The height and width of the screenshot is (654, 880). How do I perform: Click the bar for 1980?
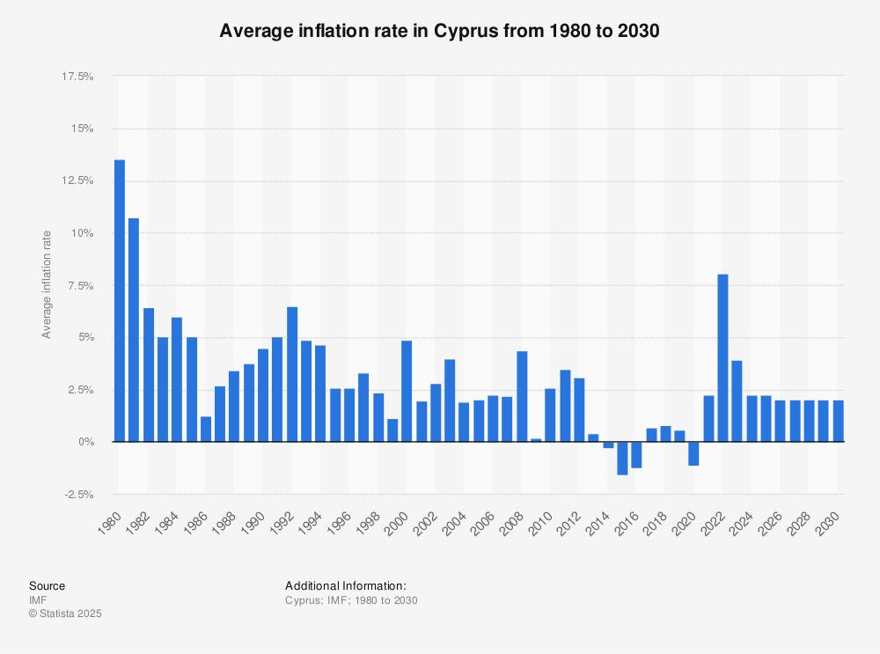click(x=120, y=301)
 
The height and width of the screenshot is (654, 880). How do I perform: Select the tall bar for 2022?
click(x=722, y=358)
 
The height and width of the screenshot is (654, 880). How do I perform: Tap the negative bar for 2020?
click(x=693, y=453)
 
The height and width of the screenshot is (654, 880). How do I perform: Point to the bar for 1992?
click(x=292, y=374)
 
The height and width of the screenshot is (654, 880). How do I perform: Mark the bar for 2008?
click(x=522, y=396)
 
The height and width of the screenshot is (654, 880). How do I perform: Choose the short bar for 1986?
click(x=206, y=429)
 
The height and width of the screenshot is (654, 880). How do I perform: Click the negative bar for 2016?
click(x=636, y=455)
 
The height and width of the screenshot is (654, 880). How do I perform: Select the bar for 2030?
click(x=838, y=421)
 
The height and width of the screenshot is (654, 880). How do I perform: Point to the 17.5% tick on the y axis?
click(x=77, y=77)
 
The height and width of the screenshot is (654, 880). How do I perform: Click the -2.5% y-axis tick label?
click(x=78, y=495)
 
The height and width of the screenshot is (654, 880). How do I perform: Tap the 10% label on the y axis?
click(x=83, y=233)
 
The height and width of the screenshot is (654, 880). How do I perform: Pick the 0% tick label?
click(x=86, y=442)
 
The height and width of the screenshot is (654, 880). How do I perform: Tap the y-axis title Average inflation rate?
click(x=47, y=284)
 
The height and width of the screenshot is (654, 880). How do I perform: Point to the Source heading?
click(x=48, y=585)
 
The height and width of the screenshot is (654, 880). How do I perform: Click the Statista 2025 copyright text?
click(x=66, y=614)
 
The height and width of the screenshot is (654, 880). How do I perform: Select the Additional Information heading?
click(x=346, y=585)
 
